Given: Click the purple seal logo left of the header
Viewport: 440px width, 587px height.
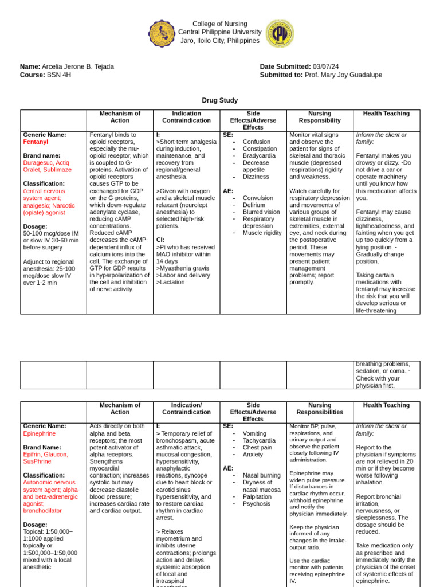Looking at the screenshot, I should click(x=162, y=34).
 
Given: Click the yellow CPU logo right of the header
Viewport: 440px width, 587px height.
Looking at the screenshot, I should click(x=280, y=34).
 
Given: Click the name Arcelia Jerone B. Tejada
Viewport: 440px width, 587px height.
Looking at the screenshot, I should click(x=77, y=66).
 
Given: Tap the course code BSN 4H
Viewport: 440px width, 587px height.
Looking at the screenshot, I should click(x=59, y=75).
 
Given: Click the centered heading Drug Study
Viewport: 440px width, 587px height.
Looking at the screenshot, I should click(x=220, y=100).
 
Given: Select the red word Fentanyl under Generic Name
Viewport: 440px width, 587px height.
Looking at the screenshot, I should click(x=36, y=142).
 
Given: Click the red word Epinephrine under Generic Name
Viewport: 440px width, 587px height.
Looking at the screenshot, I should click(x=39, y=433).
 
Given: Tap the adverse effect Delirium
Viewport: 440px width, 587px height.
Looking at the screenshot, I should click(x=254, y=205).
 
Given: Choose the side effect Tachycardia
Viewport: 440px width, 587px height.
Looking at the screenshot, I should click(x=259, y=440).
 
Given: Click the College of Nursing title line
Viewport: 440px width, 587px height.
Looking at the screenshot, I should click(x=220, y=24).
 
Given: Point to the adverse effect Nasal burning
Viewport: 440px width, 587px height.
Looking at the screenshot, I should click(x=262, y=475).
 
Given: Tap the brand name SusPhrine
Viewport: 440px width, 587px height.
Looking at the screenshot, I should click(x=38, y=461).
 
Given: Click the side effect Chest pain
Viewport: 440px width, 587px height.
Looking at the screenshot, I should click(x=257, y=448).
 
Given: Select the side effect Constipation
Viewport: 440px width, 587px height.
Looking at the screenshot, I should click(x=261, y=148).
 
